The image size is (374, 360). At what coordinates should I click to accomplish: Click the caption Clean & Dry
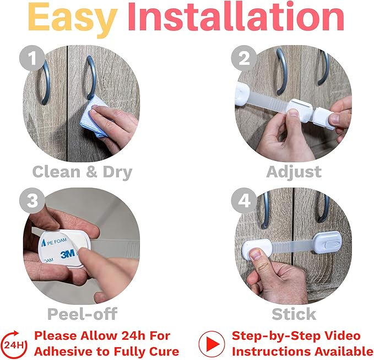82,171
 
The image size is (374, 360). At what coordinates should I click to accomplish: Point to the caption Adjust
294,171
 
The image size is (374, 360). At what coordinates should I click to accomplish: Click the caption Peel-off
82,314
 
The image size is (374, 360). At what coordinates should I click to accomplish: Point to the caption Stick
294,314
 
